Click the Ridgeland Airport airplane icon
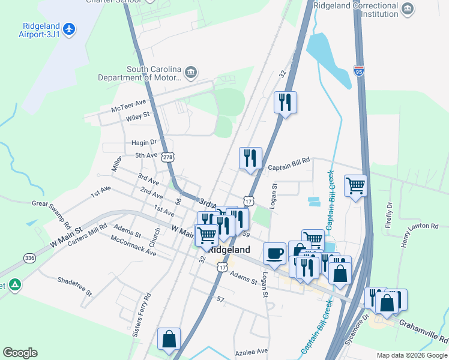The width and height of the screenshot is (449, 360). (x=70, y=28)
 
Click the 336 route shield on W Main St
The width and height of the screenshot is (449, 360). (x=29, y=258)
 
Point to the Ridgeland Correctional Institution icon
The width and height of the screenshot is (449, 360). (x=408, y=9)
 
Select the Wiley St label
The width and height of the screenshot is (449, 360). (x=137, y=116)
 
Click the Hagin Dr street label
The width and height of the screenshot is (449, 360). (x=144, y=143)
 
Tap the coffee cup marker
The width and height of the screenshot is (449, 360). (x=274, y=253)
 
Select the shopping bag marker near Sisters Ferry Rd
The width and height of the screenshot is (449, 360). (x=169, y=339)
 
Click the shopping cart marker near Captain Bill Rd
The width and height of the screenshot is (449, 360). (x=355, y=186)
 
